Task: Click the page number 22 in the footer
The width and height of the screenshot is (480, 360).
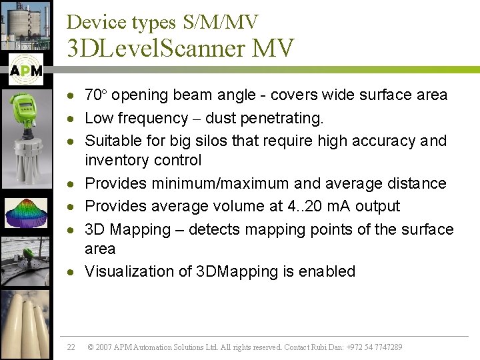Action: (71, 347)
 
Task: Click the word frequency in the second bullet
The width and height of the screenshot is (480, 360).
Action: (153, 119)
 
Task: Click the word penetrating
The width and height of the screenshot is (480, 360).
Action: (286, 119)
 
